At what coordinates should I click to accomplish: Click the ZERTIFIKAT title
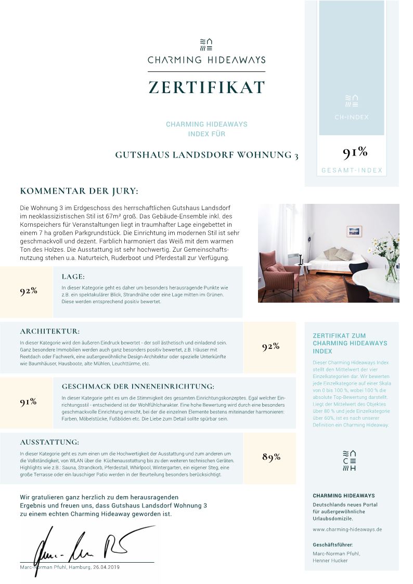coord(206,87)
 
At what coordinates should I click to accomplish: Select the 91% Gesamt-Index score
coord(355,152)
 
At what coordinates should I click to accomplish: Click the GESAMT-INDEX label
coord(352,171)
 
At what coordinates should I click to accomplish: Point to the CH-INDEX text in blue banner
coord(352,117)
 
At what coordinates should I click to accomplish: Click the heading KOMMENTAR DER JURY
coord(79,191)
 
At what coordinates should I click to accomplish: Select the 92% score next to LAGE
coord(29,291)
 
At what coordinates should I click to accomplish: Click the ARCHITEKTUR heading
coord(50,331)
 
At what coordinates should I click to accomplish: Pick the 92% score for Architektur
coord(270,347)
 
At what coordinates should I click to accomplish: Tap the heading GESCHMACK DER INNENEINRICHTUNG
coord(138,386)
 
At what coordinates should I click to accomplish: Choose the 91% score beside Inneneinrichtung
coord(28,401)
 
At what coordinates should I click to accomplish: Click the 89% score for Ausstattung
coord(271,457)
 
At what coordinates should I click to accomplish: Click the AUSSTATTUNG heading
coord(49,442)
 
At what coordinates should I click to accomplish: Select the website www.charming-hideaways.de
coord(347,529)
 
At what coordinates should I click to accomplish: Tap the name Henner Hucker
coord(331,561)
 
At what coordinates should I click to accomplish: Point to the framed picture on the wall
coord(354,231)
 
